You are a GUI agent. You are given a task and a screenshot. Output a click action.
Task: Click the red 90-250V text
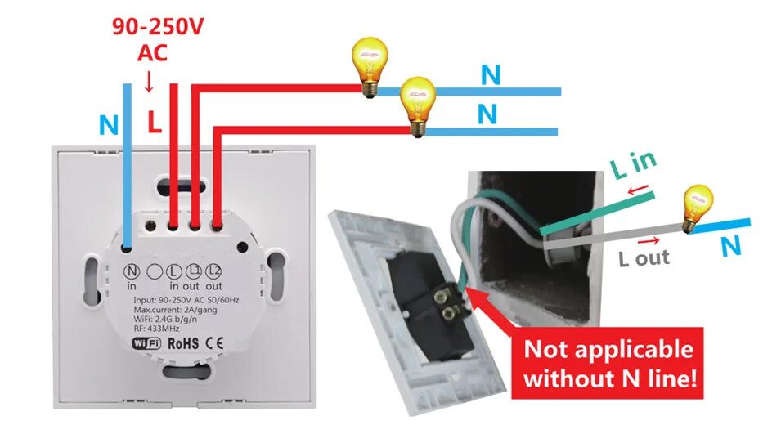coord(158,27)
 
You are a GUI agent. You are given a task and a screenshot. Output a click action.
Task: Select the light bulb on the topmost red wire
coord(368,61)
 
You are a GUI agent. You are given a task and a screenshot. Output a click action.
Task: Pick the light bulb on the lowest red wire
coord(418,105)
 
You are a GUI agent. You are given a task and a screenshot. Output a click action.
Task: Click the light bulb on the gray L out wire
coord(697,207)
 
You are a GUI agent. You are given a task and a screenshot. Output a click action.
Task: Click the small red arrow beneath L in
coord(639,192)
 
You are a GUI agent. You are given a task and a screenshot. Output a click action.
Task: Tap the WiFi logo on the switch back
coord(146,342)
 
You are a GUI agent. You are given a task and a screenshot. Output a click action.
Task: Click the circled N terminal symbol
coord(131,271)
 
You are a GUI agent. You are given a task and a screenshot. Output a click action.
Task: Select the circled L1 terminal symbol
coord(194,271)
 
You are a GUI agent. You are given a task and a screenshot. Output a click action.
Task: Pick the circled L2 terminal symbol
coord(215,271)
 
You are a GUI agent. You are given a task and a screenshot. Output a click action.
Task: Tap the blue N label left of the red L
coord(108,125)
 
